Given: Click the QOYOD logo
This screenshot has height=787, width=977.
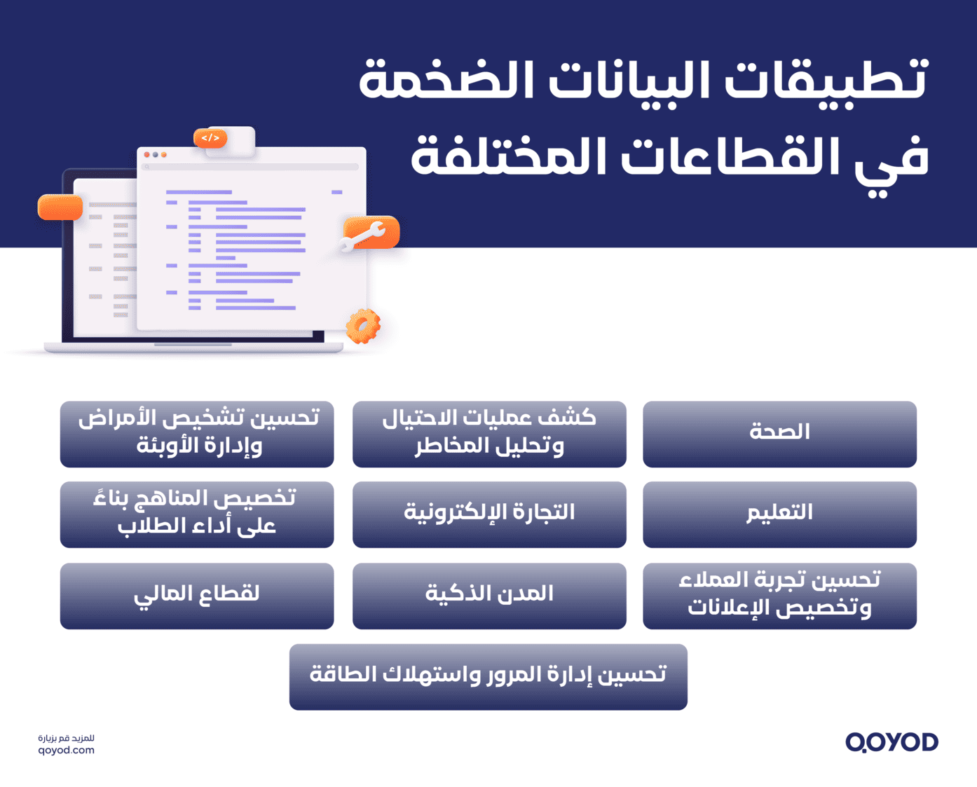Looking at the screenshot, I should [891, 742].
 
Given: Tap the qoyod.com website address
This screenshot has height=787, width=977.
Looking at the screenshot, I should [66, 751].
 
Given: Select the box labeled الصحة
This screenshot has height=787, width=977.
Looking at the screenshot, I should [779, 434].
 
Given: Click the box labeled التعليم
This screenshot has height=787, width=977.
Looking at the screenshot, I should [779, 514].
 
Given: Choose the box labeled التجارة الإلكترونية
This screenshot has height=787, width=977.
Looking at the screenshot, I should [489, 514].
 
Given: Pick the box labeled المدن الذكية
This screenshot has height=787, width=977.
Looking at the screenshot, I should [489, 596].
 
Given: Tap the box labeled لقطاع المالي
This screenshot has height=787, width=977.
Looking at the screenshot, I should [197, 596].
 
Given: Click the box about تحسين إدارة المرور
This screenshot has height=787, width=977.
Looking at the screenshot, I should [488, 676].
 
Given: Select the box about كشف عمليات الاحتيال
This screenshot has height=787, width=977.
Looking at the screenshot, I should [489, 434].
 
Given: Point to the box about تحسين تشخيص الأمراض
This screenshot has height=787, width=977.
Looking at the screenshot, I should [197, 434].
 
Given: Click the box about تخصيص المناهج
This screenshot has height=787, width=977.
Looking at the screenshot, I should [197, 514].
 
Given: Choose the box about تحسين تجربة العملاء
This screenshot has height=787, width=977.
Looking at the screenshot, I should [779, 596].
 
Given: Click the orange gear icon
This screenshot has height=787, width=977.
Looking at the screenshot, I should [363, 326].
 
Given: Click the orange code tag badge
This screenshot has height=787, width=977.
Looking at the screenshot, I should [210, 138].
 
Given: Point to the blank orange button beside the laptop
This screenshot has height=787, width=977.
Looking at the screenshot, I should [60, 207].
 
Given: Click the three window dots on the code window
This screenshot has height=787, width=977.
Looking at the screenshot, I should [155, 154].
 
